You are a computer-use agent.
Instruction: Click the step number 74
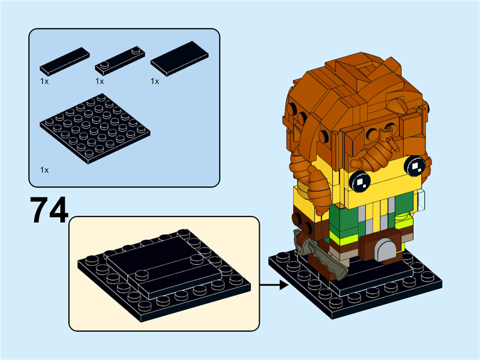49,209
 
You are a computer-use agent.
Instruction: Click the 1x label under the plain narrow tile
44,80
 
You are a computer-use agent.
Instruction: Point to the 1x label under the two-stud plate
100,80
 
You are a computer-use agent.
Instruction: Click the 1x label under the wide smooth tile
155,80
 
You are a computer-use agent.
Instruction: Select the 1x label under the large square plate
44,170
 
